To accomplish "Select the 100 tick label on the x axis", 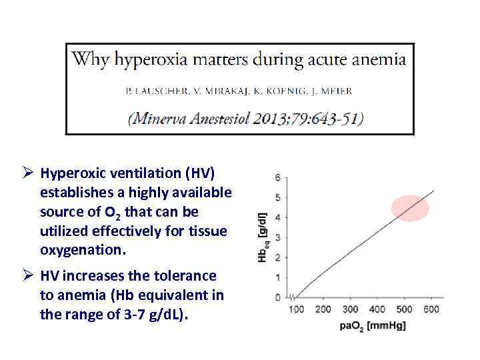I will (x=296, y=309).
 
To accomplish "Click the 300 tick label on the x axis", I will (x=350, y=309).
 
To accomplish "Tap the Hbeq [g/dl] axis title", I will (x=263, y=237).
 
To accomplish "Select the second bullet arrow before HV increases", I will (x=28, y=276).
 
